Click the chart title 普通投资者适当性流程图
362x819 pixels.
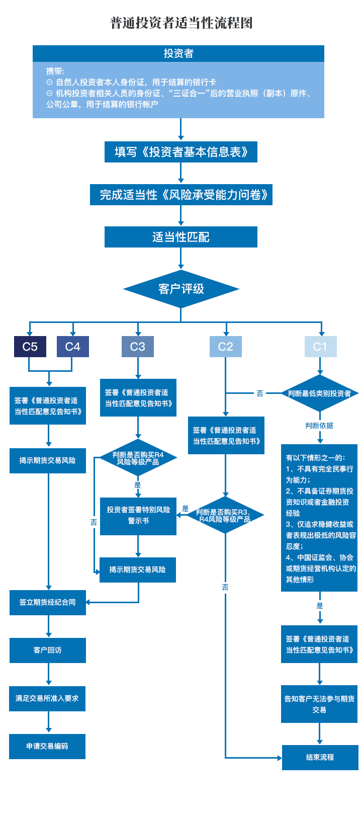(x=181, y=23)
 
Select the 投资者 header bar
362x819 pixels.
(x=178, y=53)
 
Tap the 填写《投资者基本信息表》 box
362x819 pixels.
(x=181, y=152)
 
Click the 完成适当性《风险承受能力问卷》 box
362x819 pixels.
(x=181, y=195)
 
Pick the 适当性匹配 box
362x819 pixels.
(x=181, y=237)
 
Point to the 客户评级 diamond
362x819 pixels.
(x=181, y=289)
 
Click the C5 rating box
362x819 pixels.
(x=30, y=347)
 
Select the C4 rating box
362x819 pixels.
(x=73, y=347)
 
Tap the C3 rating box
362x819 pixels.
(x=138, y=347)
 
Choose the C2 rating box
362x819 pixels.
(x=226, y=347)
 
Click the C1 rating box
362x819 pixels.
(x=320, y=347)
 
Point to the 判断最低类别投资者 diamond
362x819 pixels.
(x=320, y=393)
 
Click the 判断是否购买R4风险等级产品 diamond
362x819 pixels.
(x=138, y=458)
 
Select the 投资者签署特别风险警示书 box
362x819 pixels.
(x=138, y=515)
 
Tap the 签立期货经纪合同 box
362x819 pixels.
(x=48, y=602)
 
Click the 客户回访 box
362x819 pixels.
(x=48, y=650)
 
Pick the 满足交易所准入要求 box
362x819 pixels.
(x=47, y=698)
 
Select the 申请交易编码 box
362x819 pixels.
(x=47, y=746)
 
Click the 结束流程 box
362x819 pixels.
(x=320, y=757)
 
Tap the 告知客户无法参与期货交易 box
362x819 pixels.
(x=319, y=704)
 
